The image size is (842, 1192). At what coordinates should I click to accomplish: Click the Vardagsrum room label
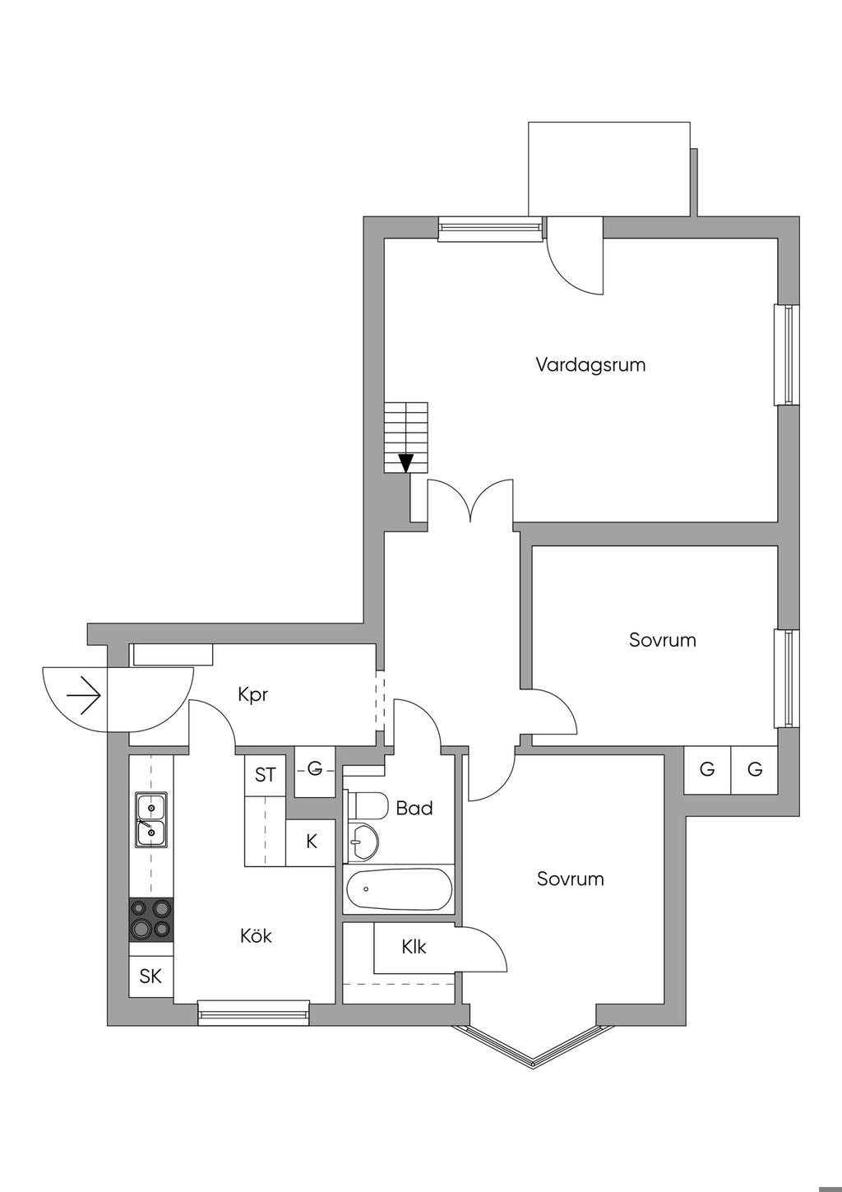pos(590,364)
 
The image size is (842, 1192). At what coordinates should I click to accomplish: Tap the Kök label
pos(256,936)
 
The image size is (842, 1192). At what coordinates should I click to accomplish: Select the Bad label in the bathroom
pos(414,809)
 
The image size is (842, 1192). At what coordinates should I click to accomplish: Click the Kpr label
pos(253,695)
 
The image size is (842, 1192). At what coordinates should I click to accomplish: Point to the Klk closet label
pos(414,947)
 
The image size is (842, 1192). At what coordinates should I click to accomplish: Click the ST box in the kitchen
pos(265,775)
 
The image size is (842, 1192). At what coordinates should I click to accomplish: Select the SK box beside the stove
pos(151,977)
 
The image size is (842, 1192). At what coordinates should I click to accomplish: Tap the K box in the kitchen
pos(311,842)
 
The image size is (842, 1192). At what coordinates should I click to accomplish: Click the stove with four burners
pos(151,919)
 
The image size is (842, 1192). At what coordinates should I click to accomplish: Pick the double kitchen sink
pos(151,820)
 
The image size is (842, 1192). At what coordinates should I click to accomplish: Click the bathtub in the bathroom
pos(399,889)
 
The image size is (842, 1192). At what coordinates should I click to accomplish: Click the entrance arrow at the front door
pos(84,698)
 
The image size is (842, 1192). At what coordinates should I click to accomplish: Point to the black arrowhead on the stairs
pos(405,463)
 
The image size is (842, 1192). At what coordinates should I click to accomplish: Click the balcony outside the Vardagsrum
pos(608,169)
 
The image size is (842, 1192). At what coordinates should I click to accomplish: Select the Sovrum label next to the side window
pos(662,640)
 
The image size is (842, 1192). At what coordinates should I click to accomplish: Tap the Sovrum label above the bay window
pos(570,879)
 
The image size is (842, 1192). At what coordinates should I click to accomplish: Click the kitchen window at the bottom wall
pos(253,1013)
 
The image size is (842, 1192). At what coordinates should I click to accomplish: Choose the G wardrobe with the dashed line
pos(314,771)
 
